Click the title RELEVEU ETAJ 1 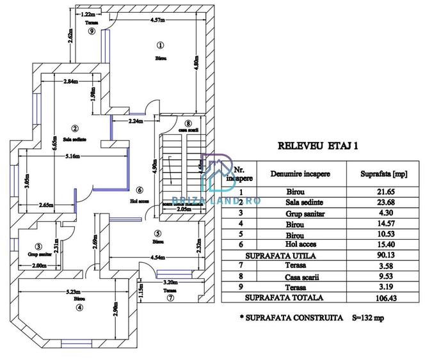tap(319, 145)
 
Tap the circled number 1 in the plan tap(160, 45)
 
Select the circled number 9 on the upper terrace tap(92, 31)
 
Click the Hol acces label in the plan tap(140, 200)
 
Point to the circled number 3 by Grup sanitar tap(38, 246)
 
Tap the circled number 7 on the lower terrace tap(170, 298)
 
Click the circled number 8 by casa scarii tap(188, 123)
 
